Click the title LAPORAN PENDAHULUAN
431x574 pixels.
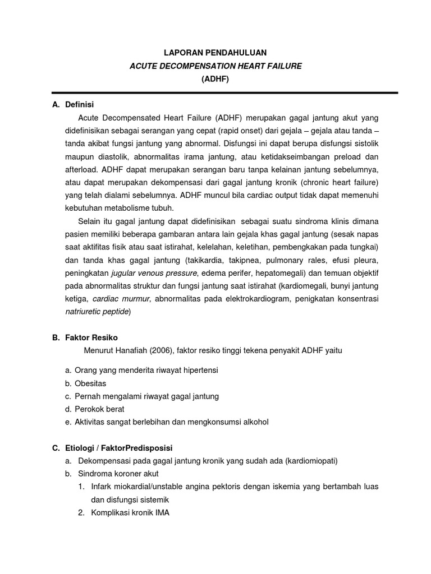(x=215, y=53)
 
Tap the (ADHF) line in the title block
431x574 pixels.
(x=215, y=80)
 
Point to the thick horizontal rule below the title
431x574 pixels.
(x=224, y=92)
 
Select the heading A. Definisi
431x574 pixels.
(x=73, y=104)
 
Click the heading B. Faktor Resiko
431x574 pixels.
(x=85, y=337)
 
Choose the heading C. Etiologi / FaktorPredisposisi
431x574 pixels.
(x=112, y=448)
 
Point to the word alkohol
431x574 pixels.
(x=253, y=422)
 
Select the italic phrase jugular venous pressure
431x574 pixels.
(x=154, y=273)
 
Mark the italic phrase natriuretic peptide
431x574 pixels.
(x=96, y=312)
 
